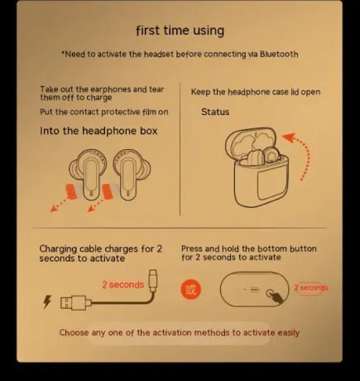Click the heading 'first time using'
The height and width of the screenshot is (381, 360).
tap(180, 31)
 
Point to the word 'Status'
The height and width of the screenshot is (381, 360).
tap(215, 112)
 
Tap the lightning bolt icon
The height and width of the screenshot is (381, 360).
tap(46, 301)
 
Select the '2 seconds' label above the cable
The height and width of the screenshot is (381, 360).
tap(122, 284)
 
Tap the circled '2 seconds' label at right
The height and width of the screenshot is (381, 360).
tap(311, 288)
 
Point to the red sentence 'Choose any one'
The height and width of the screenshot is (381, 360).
tap(180, 333)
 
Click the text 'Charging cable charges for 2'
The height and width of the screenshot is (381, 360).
tap(100, 248)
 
